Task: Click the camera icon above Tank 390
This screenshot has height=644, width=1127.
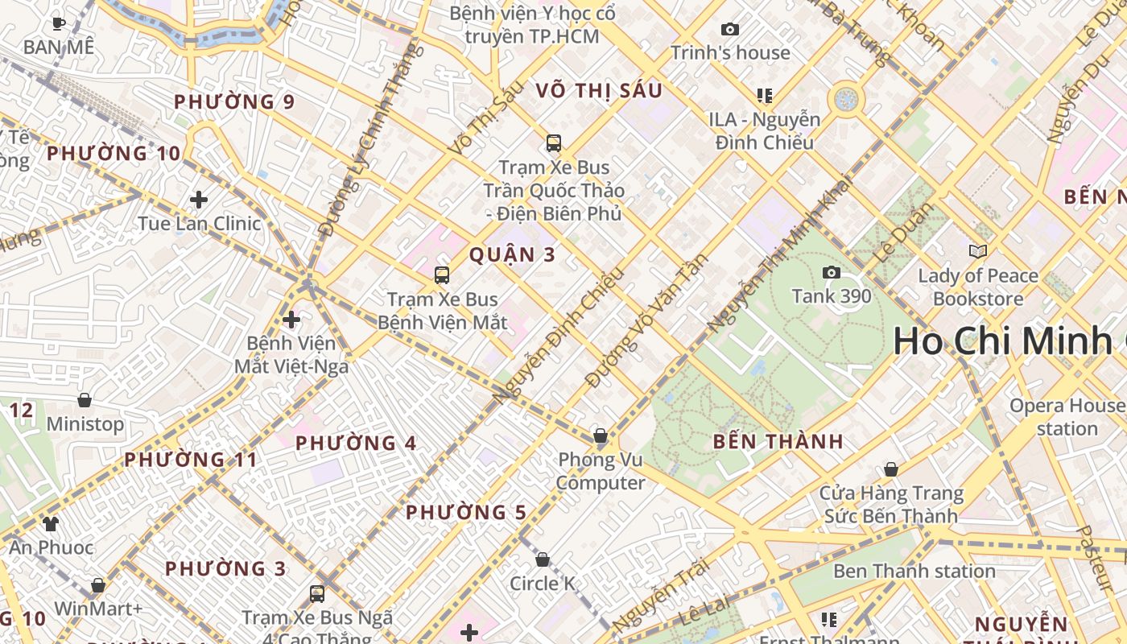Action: (x=832, y=273)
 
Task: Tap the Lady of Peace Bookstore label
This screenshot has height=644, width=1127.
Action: (x=978, y=287)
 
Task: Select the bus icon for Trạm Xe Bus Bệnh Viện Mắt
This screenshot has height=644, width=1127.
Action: (x=442, y=275)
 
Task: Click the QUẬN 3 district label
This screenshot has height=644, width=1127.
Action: (x=512, y=255)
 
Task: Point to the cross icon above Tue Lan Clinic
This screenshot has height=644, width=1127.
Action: (x=199, y=200)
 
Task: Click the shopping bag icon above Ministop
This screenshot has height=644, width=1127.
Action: (x=85, y=400)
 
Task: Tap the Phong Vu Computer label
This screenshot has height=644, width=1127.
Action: (x=601, y=472)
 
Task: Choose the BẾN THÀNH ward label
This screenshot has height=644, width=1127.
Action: (x=778, y=442)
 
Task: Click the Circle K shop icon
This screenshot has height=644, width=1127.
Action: (x=543, y=559)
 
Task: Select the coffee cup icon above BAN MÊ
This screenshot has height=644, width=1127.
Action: (x=58, y=23)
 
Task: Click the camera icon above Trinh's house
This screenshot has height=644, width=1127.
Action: (x=730, y=30)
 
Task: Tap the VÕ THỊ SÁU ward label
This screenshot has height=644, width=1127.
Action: (x=599, y=91)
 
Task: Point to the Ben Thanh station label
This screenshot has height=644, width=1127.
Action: (x=914, y=572)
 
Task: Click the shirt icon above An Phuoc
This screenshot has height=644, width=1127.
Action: (x=51, y=524)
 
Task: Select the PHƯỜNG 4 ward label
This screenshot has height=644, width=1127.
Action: (x=356, y=444)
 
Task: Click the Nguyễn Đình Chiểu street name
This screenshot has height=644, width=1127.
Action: (x=559, y=336)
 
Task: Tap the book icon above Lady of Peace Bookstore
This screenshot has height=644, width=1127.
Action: (x=978, y=252)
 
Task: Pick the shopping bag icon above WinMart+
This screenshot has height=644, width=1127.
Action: (x=98, y=585)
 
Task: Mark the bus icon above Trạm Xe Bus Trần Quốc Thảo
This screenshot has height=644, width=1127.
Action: (x=554, y=143)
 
